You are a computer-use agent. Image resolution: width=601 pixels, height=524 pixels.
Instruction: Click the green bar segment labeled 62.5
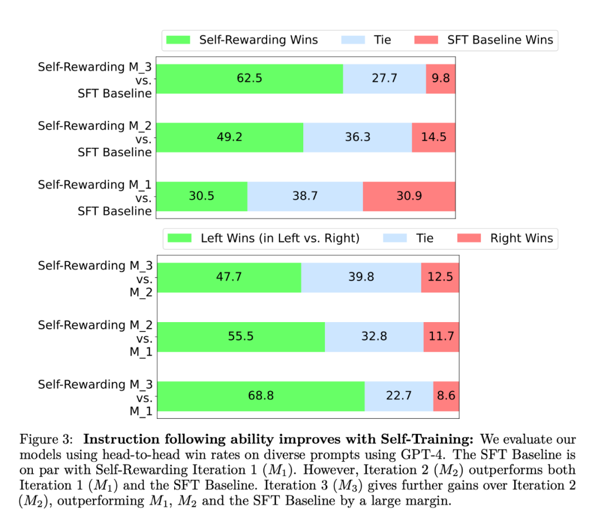click(250, 78)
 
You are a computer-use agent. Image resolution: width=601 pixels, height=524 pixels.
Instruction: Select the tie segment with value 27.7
click(385, 78)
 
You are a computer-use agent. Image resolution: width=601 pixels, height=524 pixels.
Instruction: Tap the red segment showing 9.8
click(441, 78)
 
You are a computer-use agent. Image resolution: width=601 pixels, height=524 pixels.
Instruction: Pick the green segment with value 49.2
click(230, 137)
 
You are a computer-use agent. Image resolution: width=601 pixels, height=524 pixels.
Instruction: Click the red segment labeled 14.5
click(433, 137)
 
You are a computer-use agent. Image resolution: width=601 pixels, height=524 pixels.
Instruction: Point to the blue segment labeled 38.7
click(305, 196)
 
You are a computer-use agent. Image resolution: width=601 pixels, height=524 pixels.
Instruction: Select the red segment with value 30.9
click(409, 196)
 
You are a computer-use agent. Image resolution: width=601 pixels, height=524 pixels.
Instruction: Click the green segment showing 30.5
click(202, 196)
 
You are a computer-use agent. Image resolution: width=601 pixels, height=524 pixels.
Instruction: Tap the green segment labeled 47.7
click(229, 277)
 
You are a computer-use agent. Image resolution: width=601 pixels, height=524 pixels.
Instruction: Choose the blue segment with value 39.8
click(361, 277)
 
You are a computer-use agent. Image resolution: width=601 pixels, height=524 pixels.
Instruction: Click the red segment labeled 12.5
click(440, 277)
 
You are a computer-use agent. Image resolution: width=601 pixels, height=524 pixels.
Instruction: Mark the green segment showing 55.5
click(241, 337)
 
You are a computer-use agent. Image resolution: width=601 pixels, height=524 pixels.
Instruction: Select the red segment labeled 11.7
click(441, 337)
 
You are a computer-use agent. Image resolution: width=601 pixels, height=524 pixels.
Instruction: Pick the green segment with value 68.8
click(260, 396)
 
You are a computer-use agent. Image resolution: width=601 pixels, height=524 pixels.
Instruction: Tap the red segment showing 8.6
click(446, 396)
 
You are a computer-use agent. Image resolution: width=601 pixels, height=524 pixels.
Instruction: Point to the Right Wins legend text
click(521, 239)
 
